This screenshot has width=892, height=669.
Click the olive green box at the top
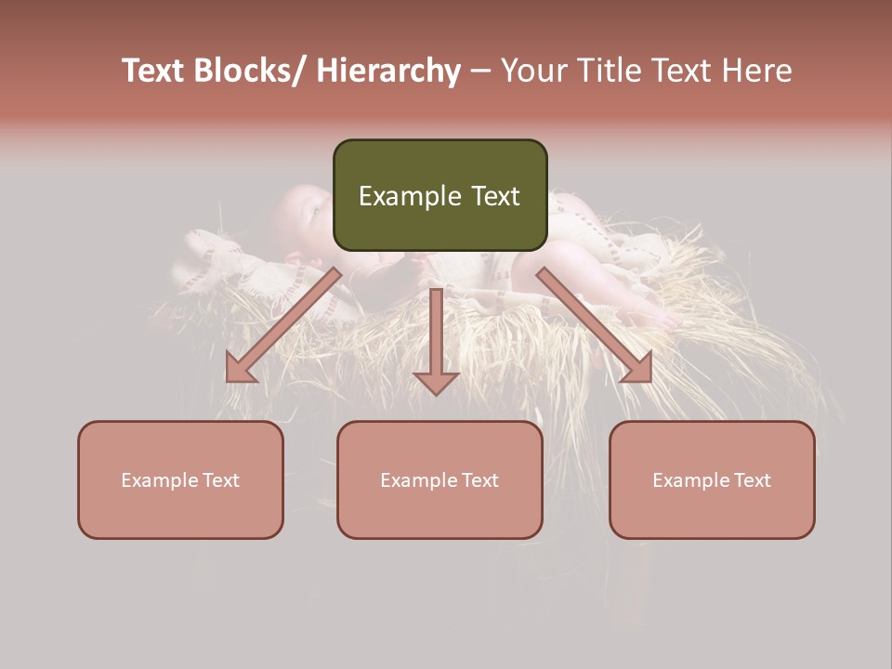point(439,195)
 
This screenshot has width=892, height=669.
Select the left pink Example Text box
point(180,479)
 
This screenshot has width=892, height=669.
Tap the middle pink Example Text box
point(439,479)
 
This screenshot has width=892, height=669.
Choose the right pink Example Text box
point(712,479)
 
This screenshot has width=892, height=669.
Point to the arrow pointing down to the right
point(595,325)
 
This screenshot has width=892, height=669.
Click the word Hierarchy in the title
point(388,71)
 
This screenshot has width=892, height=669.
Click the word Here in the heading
point(754,71)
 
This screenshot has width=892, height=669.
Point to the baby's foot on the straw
point(662,317)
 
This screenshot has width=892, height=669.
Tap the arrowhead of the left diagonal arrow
point(240,369)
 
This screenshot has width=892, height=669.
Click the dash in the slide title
point(480,71)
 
